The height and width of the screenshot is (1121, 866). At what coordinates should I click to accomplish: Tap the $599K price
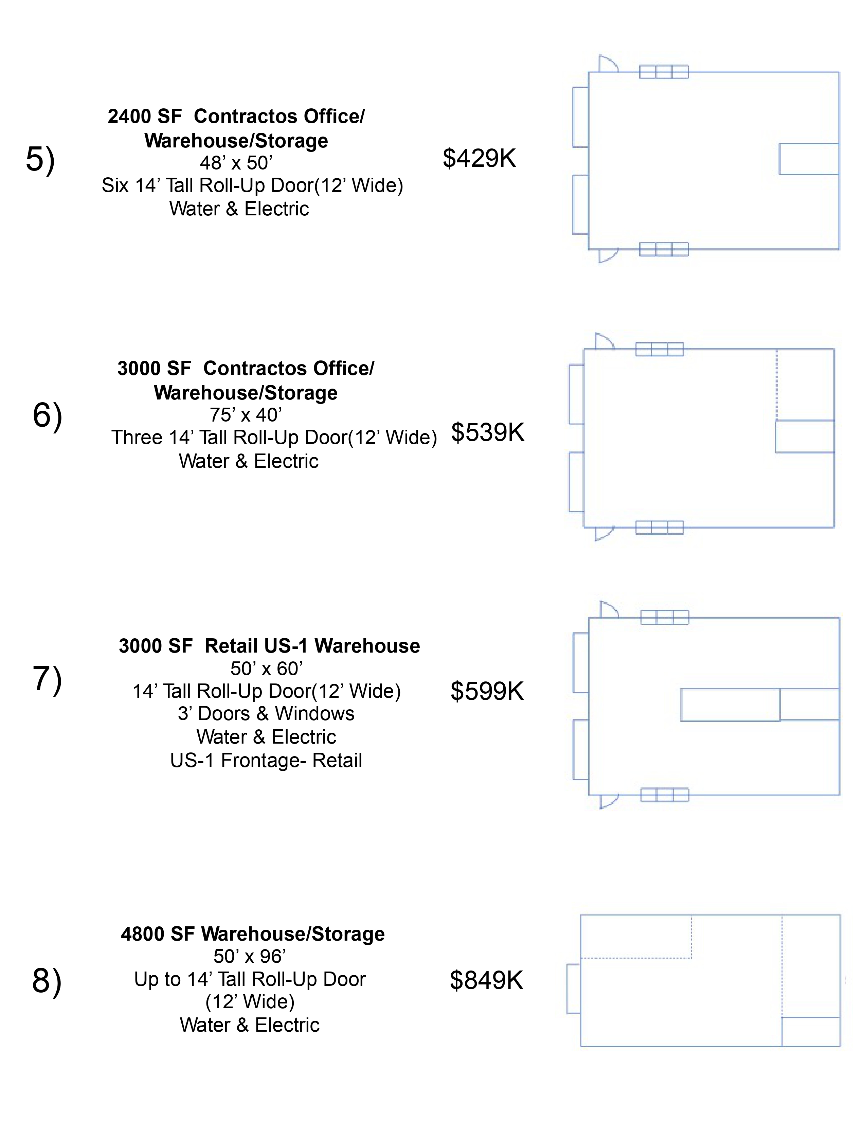pyautogui.click(x=487, y=691)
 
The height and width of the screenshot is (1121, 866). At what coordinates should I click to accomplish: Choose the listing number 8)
pyautogui.click(x=47, y=981)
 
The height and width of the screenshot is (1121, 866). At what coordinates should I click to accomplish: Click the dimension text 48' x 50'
pyautogui.click(x=236, y=163)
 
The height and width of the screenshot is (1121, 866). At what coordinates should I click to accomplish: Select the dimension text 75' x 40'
pyautogui.click(x=246, y=415)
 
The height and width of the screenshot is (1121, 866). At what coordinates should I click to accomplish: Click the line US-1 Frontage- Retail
pyautogui.click(x=266, y=760)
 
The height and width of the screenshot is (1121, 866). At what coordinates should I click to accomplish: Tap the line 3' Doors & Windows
pyautogui.click(x=266, y=713)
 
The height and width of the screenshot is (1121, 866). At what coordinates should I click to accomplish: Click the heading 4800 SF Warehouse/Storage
pyautogui.click(x=252, y=933)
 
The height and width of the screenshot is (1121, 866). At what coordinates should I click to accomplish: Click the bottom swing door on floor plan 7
pyautogui.click(x=609, y=800)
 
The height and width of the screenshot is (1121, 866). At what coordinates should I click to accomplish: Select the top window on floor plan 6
pyautogui.click(x=659, y=349)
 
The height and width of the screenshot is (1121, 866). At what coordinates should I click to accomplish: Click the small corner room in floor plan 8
pyautogui.click(x=811, y=1032)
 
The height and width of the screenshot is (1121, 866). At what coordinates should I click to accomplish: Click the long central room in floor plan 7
pyautogui.click(x=730, y=705)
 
